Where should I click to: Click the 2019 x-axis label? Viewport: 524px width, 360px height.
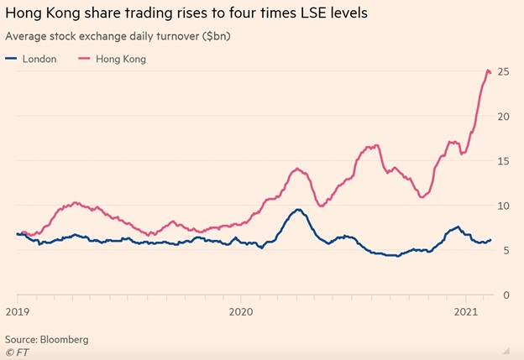click(x=18, y=311)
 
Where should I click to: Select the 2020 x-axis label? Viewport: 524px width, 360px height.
click(x=241, y=311)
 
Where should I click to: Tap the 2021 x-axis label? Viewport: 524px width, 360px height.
click(x=465, y=311)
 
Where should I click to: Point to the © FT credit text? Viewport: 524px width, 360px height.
click(x=17, y=352)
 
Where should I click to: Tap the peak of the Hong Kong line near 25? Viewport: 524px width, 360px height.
click(x=489, y=70)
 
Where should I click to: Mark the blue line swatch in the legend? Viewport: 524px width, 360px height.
click(x=11, y=59)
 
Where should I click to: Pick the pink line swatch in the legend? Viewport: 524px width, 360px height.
click(x=84, y=59)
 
